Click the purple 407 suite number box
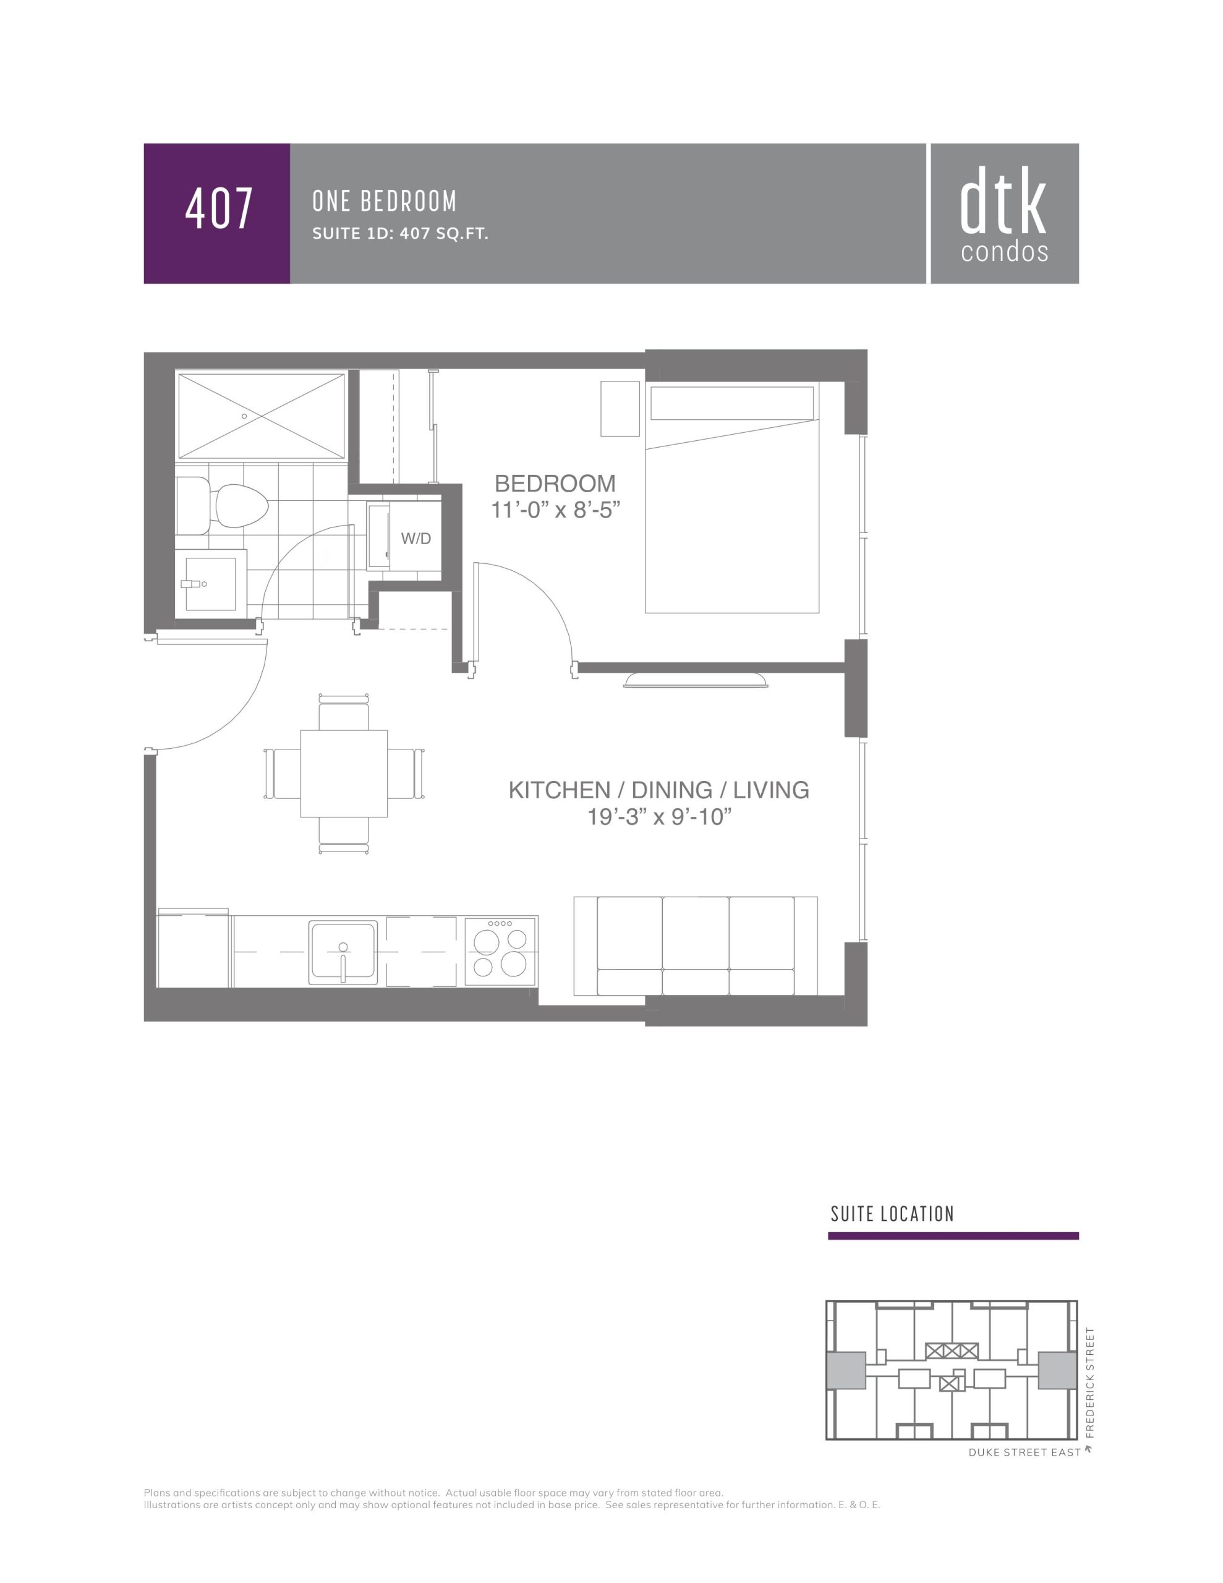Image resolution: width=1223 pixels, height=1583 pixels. point(217,213)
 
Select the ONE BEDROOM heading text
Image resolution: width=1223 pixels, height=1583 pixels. point(384,202)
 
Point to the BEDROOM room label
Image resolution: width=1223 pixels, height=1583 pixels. point(555,484)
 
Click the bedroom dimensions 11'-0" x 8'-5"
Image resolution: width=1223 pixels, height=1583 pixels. point(555,510)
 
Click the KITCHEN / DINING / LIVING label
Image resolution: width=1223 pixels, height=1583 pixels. point(658,790)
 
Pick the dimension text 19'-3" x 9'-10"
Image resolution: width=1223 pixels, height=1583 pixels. point(659,817)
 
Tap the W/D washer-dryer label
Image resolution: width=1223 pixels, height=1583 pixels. point(415,539)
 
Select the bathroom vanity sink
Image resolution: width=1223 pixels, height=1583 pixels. point(211,584)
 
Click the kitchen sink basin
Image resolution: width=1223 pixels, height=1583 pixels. point(343,952)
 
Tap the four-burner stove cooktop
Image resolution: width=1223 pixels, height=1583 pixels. point(500,951)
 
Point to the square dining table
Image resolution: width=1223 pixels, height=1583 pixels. point(344,774)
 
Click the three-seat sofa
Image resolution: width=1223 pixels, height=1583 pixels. point(695,946)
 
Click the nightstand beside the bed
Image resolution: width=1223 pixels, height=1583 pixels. point(620,408)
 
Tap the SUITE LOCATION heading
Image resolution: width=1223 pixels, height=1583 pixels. point(892,1214)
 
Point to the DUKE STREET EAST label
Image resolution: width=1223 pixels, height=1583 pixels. point(1025,1453)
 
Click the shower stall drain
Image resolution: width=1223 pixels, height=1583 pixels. point(244,416)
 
